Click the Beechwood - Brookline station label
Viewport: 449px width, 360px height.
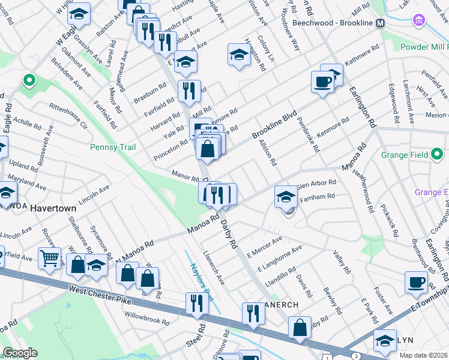[x=333, y=23]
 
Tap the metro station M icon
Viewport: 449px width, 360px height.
[x=380, y=23]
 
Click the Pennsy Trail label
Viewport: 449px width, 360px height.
[x=113, y=147]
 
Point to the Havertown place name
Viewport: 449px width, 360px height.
[x=53, y=208]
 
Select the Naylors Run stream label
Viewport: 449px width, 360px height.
[x=202, y=279]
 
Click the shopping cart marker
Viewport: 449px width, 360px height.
[x=49, y=258]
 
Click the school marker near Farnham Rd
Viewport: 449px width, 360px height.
[x=286, y=196]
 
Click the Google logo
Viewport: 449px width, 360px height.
[x=20, y=353]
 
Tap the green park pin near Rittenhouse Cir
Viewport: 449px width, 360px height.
[x=28, y=80]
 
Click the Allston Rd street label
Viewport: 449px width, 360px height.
[x=268, y=152]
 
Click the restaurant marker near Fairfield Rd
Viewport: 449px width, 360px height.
[x=189, y=91]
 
